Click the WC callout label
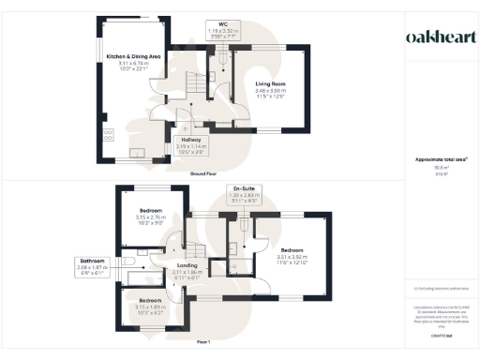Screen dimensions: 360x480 [x=221, y=27]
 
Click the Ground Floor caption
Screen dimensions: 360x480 [x=203, y=174]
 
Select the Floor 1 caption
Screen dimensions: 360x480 [x=203, y=344]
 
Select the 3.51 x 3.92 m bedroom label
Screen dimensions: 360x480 [x=293, y=254]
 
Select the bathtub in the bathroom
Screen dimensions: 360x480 [x=141, y=280]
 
